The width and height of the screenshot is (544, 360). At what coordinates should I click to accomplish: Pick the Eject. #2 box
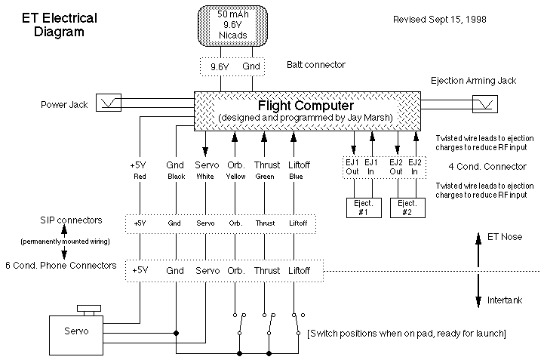tap(407, 208)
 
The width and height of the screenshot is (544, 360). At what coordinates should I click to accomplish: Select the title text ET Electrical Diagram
tap(53, 26)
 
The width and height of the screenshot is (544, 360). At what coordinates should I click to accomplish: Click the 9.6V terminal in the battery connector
tap(219, 66)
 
